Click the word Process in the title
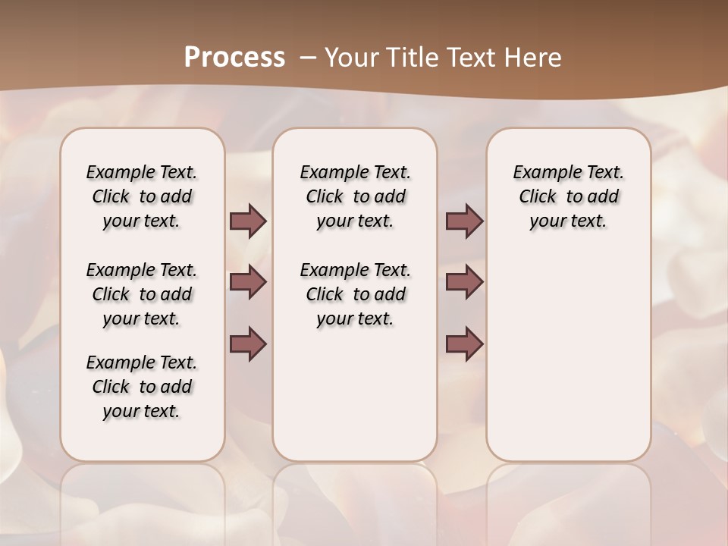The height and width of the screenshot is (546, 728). (234, 58)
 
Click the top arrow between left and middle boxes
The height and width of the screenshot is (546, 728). (248, 221)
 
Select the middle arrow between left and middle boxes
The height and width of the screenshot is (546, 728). (248, 282)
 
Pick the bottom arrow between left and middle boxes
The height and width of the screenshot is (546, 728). (248, 344)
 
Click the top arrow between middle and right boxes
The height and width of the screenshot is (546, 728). (464, 221)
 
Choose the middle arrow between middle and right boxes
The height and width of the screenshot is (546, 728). (464, 282)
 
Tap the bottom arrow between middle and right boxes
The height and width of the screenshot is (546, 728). (464, 344)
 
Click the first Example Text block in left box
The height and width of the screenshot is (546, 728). (142, 196)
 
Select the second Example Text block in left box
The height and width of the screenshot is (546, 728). (142, 294)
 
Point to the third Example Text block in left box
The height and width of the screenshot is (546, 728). (142, 387)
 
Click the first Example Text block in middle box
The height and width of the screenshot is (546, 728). (355, 196)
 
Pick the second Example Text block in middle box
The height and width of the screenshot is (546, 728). (355, 294)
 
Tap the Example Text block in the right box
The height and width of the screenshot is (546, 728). (568, 196)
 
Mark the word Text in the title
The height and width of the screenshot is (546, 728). (473, 58)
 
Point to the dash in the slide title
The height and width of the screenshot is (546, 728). (307, 58)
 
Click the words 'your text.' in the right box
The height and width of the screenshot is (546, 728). (568, 221)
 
